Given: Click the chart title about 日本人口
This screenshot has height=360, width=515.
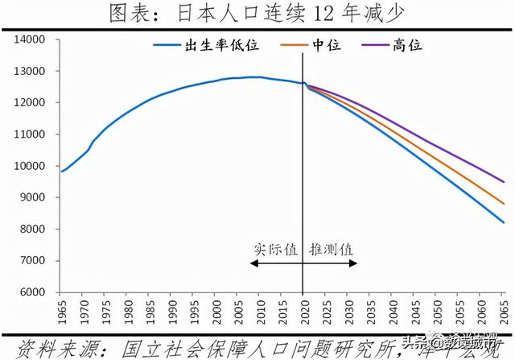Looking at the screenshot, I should coord(257,14).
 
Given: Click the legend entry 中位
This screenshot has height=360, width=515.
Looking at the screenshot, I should coord(326,46).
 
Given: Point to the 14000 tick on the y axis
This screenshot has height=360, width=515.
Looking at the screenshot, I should coord(34,39).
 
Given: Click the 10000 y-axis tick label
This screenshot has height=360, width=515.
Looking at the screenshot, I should coord(34,166).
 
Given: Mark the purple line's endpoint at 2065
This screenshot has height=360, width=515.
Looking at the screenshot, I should coord(505,182).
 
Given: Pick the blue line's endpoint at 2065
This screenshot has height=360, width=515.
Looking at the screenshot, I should coord(505,223).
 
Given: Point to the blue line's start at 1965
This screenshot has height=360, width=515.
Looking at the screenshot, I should coord(62,171).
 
